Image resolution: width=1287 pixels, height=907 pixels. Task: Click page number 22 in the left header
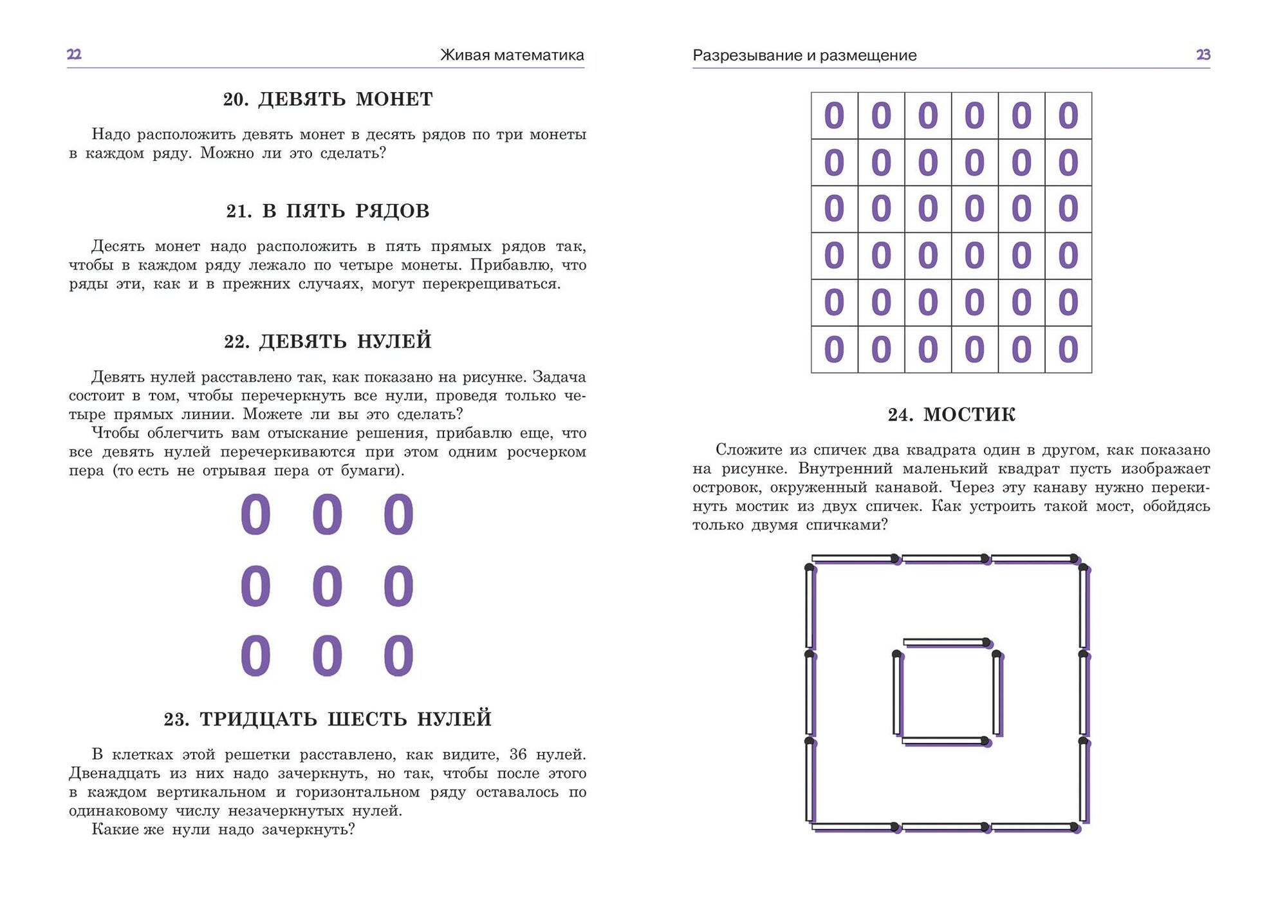click(74, 54)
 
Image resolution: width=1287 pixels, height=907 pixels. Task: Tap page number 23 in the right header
click(1203, 55)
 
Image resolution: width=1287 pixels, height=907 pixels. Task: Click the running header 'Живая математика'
click(512, 55)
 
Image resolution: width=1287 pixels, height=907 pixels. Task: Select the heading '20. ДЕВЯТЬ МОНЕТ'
click(328, 99)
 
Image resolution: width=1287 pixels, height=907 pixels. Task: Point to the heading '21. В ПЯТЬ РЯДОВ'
click(328, 211)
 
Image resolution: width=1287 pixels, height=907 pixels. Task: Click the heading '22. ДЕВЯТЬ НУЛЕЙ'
click(328, 341)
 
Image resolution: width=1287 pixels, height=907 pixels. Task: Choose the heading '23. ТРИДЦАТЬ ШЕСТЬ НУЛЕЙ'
click(328, 719)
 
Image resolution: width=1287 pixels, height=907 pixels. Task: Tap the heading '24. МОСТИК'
click(951, 415)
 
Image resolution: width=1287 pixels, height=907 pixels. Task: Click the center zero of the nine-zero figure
click(327, 586)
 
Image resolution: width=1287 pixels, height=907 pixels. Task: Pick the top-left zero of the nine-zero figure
click(255, 515)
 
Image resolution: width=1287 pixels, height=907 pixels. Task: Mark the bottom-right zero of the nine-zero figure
click(398, 656)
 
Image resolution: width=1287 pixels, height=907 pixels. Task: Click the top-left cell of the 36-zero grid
click(834, 116)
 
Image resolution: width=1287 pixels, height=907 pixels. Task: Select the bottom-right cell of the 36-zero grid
click(1068, 350)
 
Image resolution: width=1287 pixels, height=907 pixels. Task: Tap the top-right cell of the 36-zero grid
click(1068, 116)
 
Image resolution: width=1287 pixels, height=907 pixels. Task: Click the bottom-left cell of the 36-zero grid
click(834, 350)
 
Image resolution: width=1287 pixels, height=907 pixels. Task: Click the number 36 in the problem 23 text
click(518, 754)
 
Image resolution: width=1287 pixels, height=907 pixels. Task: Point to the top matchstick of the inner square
click(946, 642)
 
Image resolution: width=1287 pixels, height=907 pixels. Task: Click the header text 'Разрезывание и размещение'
click(804, 55)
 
